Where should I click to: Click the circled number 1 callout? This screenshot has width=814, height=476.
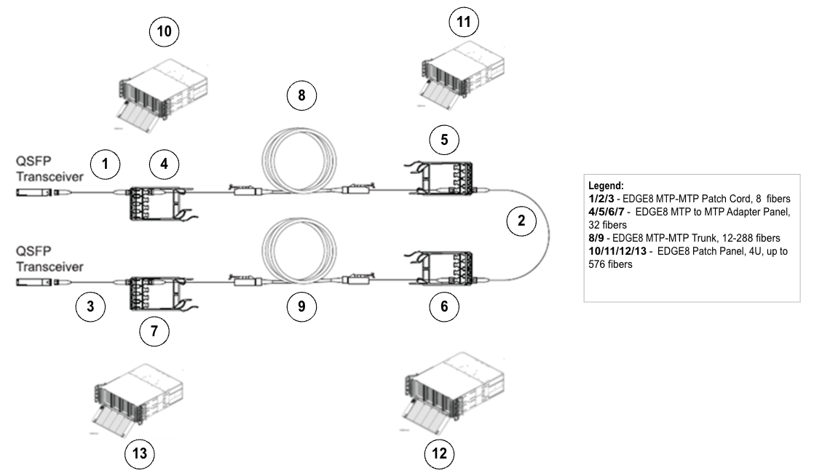pos(106,164)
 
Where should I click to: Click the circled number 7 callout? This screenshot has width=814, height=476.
pos(154,331)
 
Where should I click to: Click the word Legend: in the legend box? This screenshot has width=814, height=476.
pos(606,186)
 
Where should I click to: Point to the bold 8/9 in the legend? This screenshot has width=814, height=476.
pos(596,237)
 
